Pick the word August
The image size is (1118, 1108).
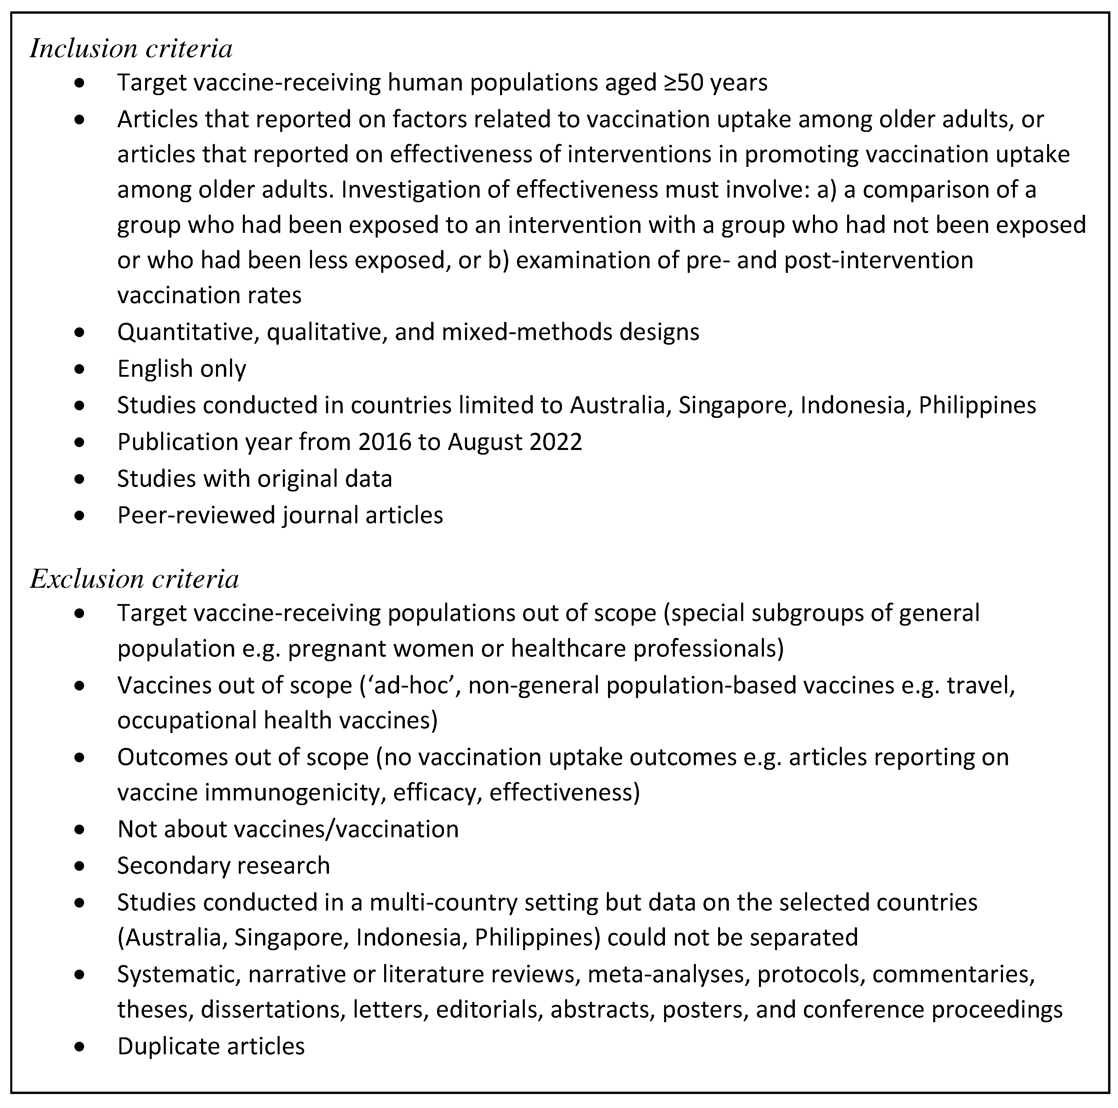484,442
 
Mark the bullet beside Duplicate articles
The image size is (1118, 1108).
80,1047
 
